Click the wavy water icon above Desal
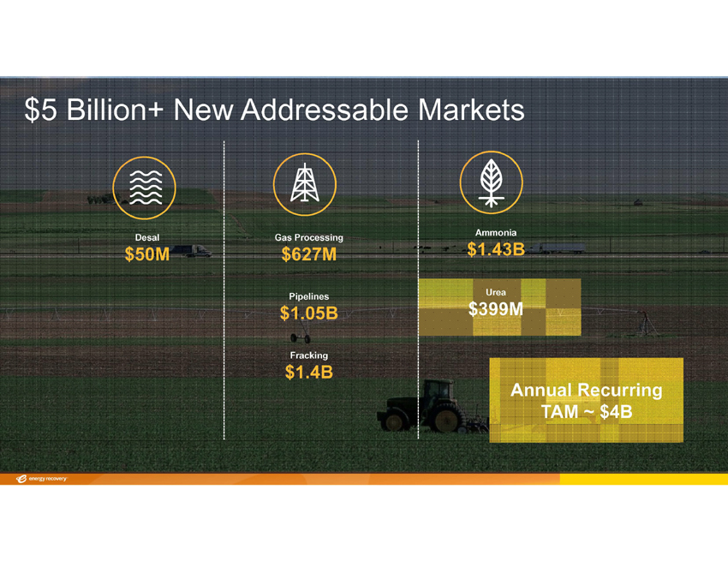tap(145, 188)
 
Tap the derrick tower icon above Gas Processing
tap(305, 184)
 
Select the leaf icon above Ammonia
tap(492, 182)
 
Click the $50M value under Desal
tap(147, 254)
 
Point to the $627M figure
tap(308, 254)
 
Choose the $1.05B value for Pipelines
tap(308, 313)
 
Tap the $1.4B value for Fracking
tap(308, 372)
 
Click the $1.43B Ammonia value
tap(496, 249)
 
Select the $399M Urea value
tap(496, 309)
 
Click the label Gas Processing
tap(308, 237)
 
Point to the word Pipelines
tap(308, 296)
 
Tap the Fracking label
tap(308, 355)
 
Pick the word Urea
tap(496, 292)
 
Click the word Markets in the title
tap(471, 110)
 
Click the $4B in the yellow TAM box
tap(616, 411)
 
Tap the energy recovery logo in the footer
tap(41, 479)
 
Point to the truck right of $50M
tap(190, 251)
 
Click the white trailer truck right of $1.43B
tap(557, 248)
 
